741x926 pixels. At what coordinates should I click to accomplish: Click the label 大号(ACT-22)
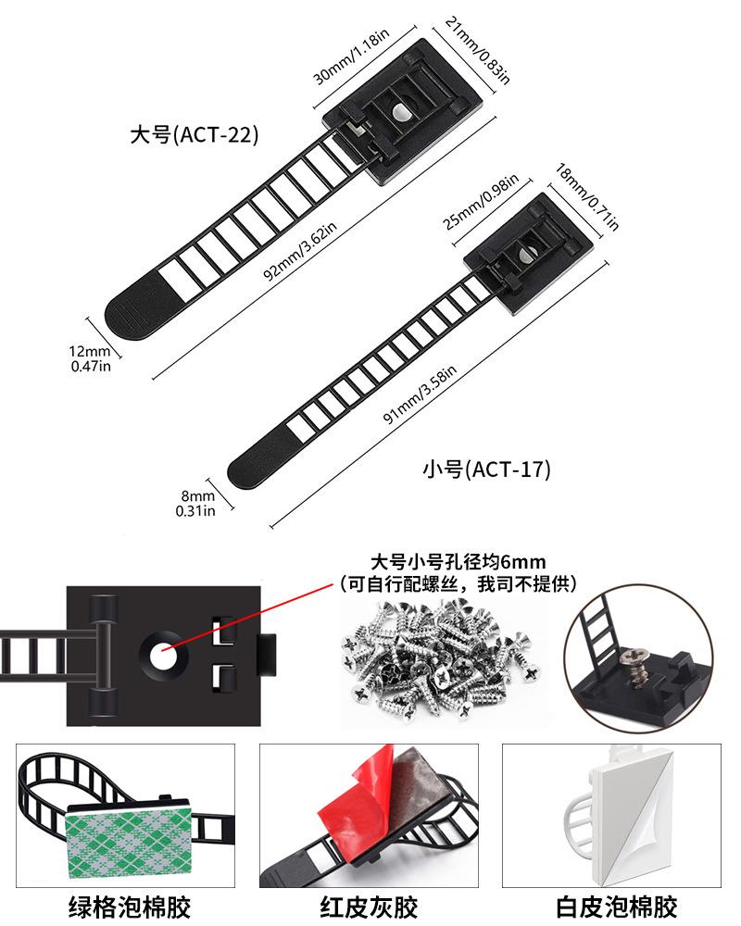point(194,134)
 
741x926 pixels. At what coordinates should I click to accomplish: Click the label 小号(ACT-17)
point(486,469)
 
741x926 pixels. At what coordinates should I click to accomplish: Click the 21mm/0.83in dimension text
point(478,50)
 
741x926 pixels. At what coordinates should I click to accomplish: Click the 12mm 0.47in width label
point(91,358)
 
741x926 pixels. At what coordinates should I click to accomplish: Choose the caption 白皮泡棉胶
point(616,906)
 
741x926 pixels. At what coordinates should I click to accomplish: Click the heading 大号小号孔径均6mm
point(458,562)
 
